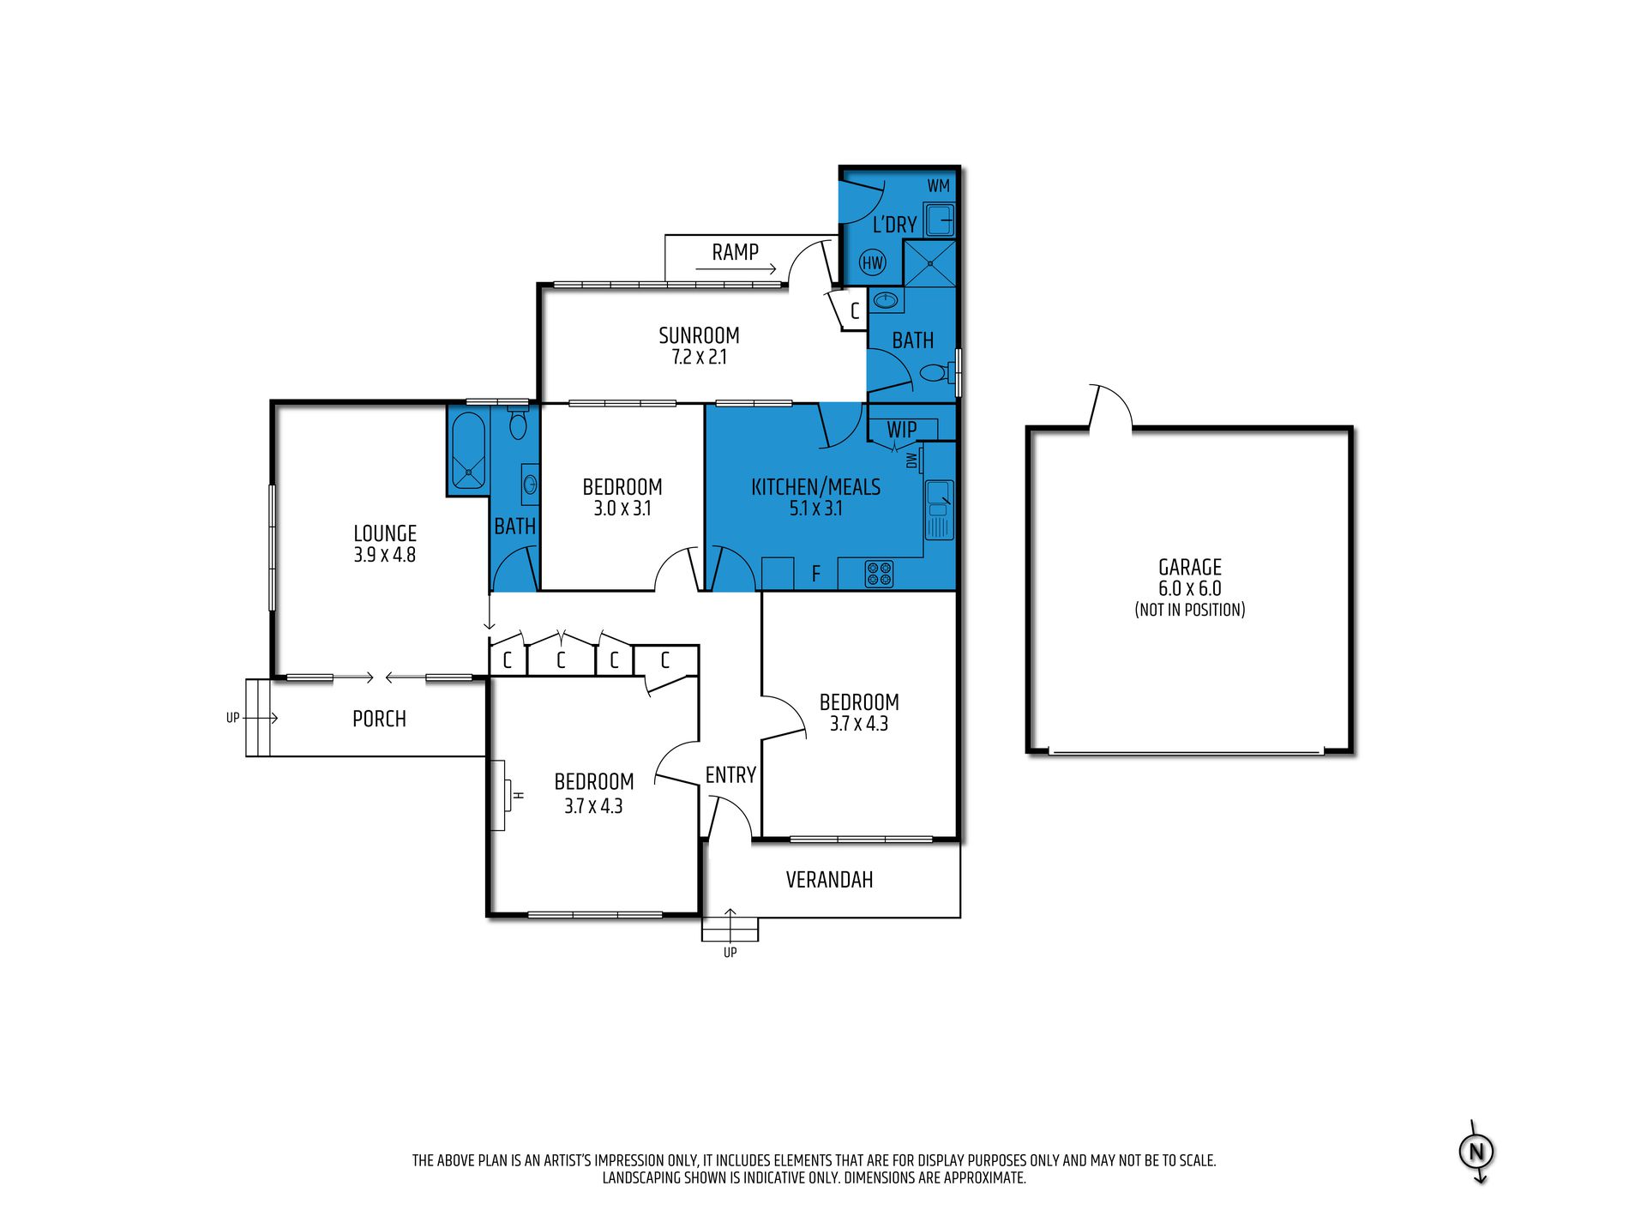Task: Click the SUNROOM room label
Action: (x=699, y=335)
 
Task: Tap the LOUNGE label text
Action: (x=385, y=533)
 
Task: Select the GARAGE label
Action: (x=1190, y=567)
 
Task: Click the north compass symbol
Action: (x=1476, y=1152)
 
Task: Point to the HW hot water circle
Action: (x=873, y=262)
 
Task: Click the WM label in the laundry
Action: (x=939, y=186)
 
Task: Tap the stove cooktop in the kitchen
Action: (x=879, y=573)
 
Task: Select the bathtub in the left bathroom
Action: (x=468, y=451)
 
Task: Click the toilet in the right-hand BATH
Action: (x=938, y=373)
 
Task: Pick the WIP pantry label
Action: (x=901, y=430)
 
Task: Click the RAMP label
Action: (x=735, y=252)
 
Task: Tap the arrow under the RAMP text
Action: (x=736, y=269)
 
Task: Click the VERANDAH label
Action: (x=829, y=880)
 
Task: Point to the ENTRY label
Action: (x=730, y=775)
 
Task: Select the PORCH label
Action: (x=379, y=719)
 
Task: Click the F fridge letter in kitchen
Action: (x=815, y=574)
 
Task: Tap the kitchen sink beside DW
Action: (x=939, y=509)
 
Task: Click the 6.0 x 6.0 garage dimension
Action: (x=1190, y=588)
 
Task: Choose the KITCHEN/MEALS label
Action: (x=815, y=487)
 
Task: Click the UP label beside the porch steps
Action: (x=232, y=718)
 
